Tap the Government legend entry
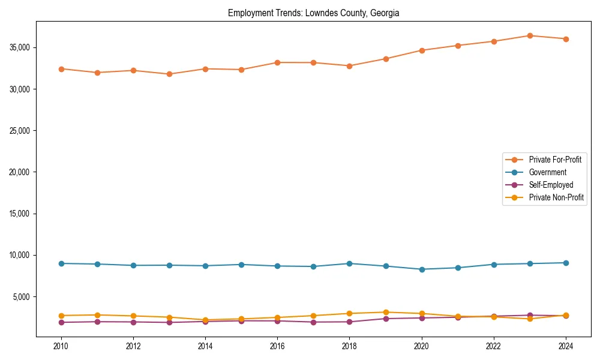pyautogui.click(x=547, y=172)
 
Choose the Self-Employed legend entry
pyautogui.click(x=551, y=185)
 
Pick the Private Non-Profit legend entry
pyautogui.click(x=556, y=197)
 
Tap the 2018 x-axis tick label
pyautogui.click(x=349, y=346)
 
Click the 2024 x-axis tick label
pyautogui.click(x=565, y=346)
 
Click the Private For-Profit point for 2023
pyautogui.click(x=530, y=35)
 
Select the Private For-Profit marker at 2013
pyautogui.click(x=169, y=74)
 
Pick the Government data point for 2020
pyautogui.click(x=422, y=269)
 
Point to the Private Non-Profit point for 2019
pyautogui.click(x=386, y=312)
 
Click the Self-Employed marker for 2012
pyautogui.click(x=133, y=322)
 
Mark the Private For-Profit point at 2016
pyautogui.click(x=277, y=62)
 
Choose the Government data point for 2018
pyautogui.click(x=349, y=263)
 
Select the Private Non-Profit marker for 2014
pyautogui.click(x=205, y=320)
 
